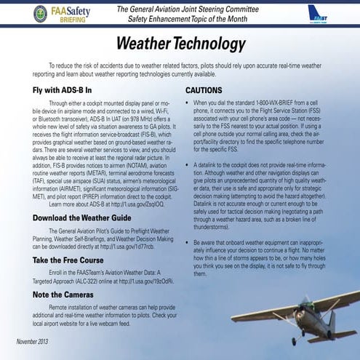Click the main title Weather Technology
180,44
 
